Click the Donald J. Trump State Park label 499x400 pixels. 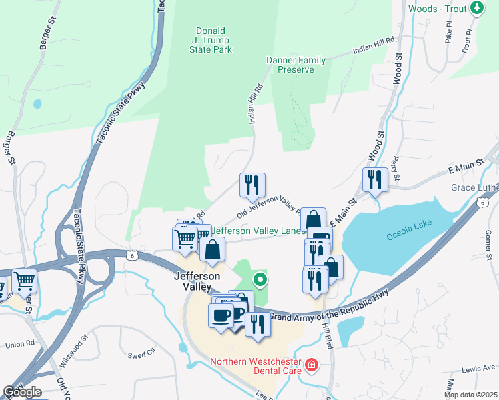point(211,40)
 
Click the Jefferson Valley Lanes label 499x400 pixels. point(258,231)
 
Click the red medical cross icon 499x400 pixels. point(311,365)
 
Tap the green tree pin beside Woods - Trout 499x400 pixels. point(476,8)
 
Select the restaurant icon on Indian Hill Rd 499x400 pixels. point(252,185)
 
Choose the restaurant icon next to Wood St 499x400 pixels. point(374,179)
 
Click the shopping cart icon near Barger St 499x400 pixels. point(24,282)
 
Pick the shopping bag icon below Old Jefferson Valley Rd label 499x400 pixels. point(312,220)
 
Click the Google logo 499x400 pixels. point(22,392)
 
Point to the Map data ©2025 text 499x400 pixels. point(470,395)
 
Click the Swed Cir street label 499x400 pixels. point(141,353)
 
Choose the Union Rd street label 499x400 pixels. point(20,344)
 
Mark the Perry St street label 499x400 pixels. point(396,169)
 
